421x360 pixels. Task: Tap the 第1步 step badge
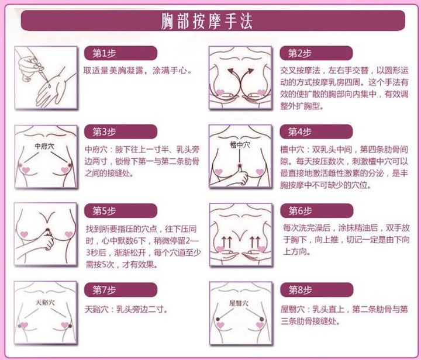pyautogui.click(x=120, y=53)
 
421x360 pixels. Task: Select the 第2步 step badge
pyautogui.click(x=316, y=53)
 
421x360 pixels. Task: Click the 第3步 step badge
pyautogui.click(x=120, y=131)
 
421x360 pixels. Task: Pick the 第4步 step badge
pyautogui.click(x=316, y=131)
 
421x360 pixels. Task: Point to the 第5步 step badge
pyautogui.click(x=120, y=210)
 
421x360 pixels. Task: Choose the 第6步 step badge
pyautogui.click(x=316, y=210)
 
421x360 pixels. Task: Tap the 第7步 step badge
pyautogui.click(x=120, y=290)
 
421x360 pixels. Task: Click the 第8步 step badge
pyautogui.click(x=316, y=290)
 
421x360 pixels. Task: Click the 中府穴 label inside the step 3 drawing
pyautogui.click(x=44, y=146)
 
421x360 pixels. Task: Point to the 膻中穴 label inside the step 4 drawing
pyautogui.click(x=240, y=145)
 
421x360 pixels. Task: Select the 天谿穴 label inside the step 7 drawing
pyautogui.click(x=45, y=302)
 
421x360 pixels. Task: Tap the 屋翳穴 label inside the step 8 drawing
pyautogui.click(x=239, y=303)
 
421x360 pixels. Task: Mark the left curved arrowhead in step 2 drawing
pyautogui.click(x=230, y=71)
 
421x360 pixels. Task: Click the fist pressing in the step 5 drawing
pyautogui.click(x=48, y=239)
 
